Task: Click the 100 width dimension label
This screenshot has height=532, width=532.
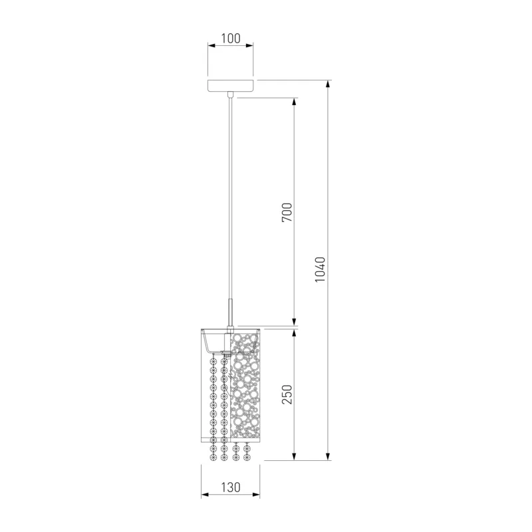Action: (x=231, y=39)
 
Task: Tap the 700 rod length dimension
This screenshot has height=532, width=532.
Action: (x=287, y=212)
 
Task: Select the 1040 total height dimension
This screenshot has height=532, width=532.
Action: (x=320, y=270)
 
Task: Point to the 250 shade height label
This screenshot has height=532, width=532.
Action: (x=287, y=394)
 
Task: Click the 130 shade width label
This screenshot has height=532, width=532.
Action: (x=231, y=487)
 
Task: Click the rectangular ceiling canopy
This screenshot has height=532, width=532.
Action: (x=231, y=86)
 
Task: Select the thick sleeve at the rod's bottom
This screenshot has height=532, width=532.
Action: (x=231, y=312)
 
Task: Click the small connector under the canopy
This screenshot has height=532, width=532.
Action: (x=231, y=94)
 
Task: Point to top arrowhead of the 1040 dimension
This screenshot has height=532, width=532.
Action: (x=328, y=84)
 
